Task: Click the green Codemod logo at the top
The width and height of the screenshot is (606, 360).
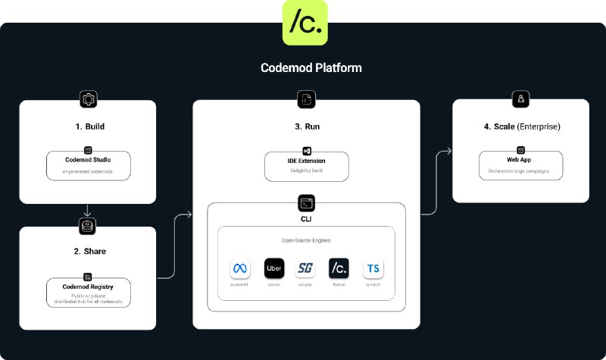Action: [305, 23]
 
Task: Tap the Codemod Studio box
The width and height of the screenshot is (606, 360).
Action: [88, 165]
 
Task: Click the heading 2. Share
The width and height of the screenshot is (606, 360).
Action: [87, 251]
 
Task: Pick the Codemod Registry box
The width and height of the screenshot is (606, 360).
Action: [88, 293]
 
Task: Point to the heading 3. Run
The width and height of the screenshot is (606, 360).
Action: [307, 125]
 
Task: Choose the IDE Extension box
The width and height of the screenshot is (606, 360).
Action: [307, 166]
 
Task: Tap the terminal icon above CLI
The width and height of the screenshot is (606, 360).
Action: [307, 203]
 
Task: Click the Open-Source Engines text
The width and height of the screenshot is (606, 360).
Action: [307, 239]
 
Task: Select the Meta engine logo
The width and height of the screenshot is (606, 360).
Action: [240, 268]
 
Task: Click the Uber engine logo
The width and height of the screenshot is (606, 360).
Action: [273, 268]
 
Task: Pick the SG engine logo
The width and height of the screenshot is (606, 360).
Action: [306, 268]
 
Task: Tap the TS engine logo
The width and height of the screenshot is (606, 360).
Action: [372, 268]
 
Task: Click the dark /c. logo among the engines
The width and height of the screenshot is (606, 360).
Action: [339, 268]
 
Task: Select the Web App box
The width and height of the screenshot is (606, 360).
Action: [520, 165]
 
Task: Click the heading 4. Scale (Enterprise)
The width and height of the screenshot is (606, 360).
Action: [521, 125]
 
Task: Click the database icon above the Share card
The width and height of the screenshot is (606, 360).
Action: [88, 226]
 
